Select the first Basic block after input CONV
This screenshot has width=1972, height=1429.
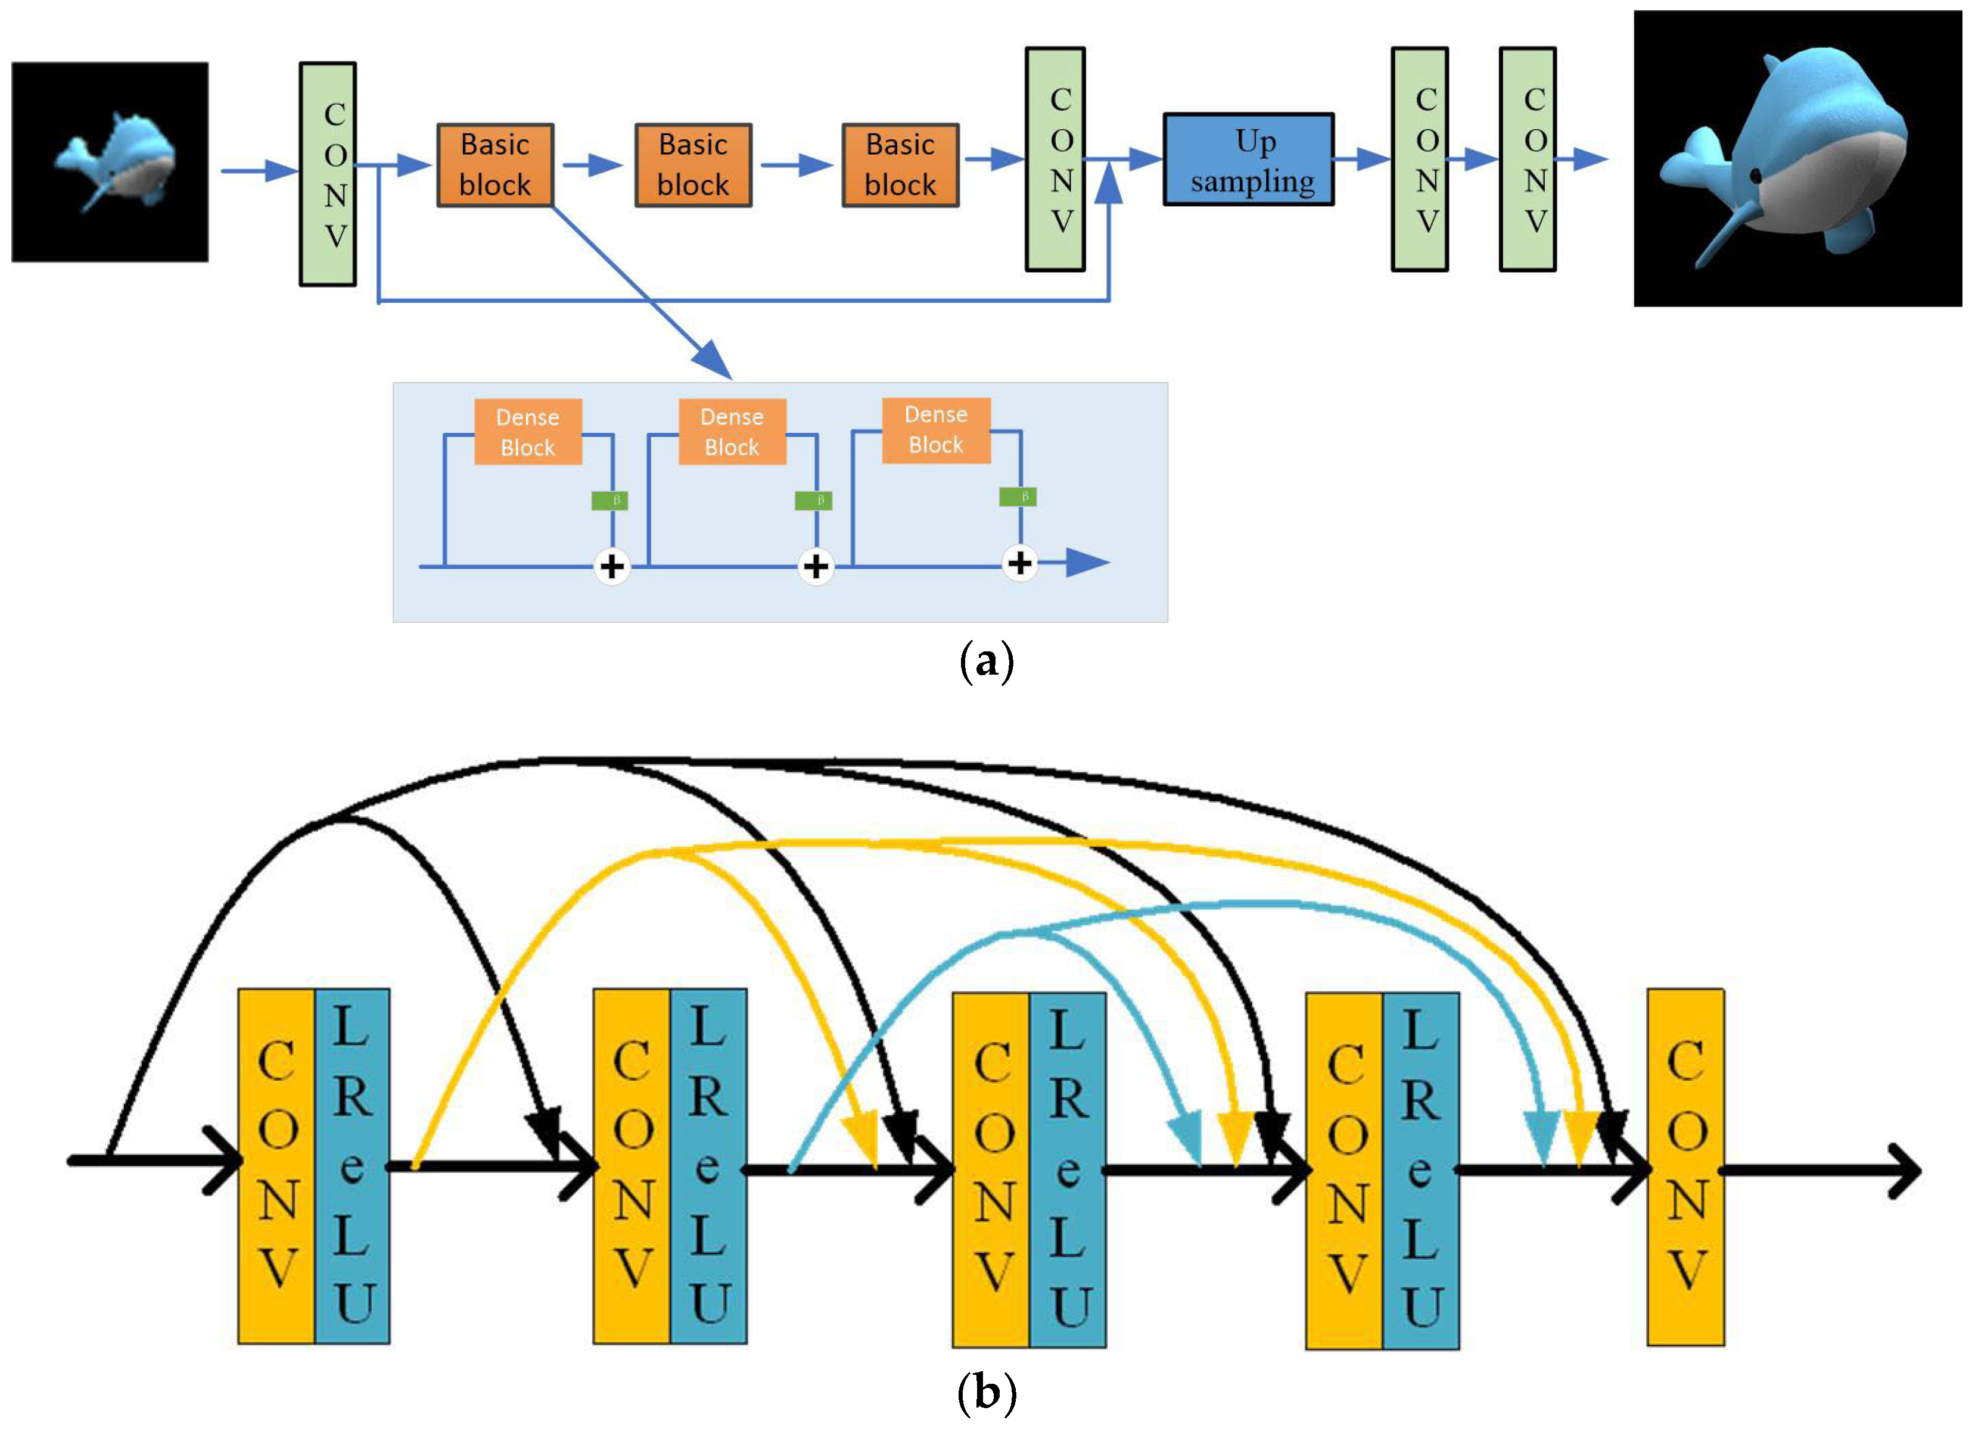(x=494, y=165)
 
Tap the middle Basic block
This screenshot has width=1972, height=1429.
(x=693, y=165)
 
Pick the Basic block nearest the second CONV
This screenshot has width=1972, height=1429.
(x=900, y=165)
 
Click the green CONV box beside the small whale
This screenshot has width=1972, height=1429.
(x=328, y=174)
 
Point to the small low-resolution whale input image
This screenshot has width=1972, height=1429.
(x=110, y=162)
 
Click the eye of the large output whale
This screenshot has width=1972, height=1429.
(x=1755, y=176)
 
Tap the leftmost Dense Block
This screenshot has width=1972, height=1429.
(x=528, y=432)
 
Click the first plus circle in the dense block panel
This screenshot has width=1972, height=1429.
(x=612, y=567)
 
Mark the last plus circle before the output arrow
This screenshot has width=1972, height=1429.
(x=1020, y=563)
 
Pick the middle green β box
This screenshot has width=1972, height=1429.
(x=814, y=501)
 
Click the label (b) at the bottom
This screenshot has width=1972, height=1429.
(x=986, y=1393)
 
